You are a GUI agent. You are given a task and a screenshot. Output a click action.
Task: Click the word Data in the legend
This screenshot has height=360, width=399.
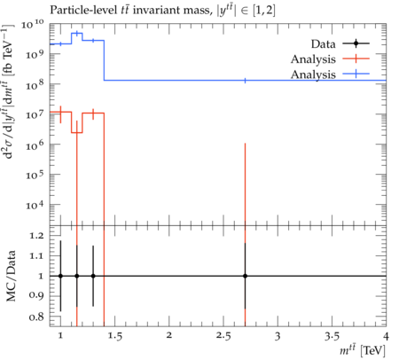pyautogui.click(x=323, y=44)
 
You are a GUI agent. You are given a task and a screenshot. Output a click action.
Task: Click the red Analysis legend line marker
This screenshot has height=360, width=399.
pyautogui.click(x=356, y=59)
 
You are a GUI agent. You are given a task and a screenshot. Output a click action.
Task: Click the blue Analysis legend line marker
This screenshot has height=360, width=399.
pyautogui.click(x=356, y=74)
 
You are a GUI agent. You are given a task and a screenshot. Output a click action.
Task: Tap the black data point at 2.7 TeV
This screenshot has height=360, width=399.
pyautogui.click(x=245, y=276)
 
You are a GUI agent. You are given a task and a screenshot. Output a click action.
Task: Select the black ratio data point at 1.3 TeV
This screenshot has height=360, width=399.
pyautogui.click(x=93, y=276)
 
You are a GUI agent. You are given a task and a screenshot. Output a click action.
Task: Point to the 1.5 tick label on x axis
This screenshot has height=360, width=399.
pyautogui.click(x=114, y=335)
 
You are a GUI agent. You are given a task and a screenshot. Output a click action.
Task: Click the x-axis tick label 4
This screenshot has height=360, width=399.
pyautogui.click(x=386, y=335)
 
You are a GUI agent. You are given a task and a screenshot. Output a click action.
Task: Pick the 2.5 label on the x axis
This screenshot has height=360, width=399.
pyautogui.click(x=223, y=335)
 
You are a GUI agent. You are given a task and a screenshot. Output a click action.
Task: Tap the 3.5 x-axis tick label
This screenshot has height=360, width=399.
pyautogui.click(x=332, y=335)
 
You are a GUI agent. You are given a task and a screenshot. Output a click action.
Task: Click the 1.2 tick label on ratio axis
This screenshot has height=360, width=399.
pyautogui.click(x=36, y=235)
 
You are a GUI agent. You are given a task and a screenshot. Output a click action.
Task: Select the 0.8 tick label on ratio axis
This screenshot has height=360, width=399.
pyautogui.click(x=36, y=317)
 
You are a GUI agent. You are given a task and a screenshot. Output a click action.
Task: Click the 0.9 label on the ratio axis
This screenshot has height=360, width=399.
pyautogui.click(x=36, y=296)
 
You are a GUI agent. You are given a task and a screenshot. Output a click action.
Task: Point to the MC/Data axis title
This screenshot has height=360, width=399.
pyautogui.click(x=11, y=276)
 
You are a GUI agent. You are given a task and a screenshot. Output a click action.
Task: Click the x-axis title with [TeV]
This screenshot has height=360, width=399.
pyautogui.click(x=363, y=350)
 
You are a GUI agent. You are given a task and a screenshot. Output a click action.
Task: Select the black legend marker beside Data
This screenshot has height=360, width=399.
pyautogui.click(x=356, y=43)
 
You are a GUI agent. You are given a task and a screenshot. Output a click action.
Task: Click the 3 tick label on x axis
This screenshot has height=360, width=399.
pyautogui.click(x=278, y=336)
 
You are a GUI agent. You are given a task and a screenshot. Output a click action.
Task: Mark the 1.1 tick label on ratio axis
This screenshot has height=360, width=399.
pyautogui.click(x=36, y=255)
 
